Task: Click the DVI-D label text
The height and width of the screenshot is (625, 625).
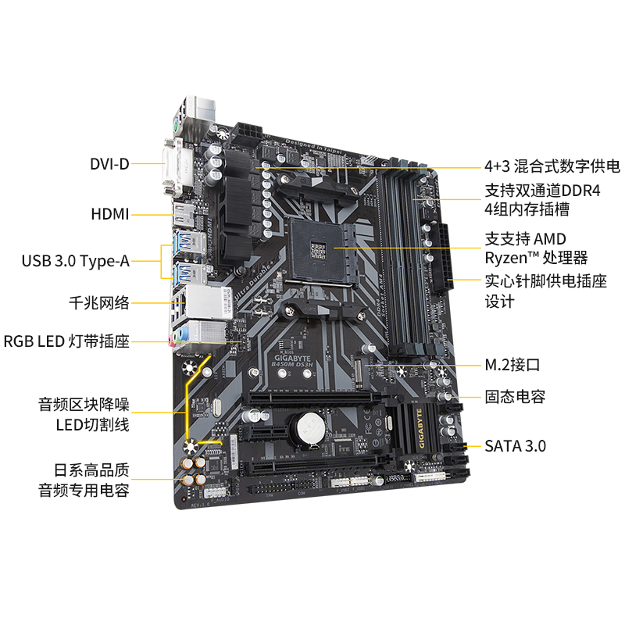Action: (109, 164)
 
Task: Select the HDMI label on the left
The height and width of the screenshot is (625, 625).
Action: (109, 213)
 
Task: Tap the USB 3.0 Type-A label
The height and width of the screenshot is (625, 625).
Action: (76, 261)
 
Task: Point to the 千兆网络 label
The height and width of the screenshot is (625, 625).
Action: (99, 303)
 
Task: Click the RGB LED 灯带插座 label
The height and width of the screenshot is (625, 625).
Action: (66, 341)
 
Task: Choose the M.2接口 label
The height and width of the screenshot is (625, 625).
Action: (512, 364)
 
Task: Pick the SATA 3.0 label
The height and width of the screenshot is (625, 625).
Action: (515, 446)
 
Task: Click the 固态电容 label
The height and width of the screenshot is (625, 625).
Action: (515, 397)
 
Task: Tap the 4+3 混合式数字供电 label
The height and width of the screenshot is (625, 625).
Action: (552, 166)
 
